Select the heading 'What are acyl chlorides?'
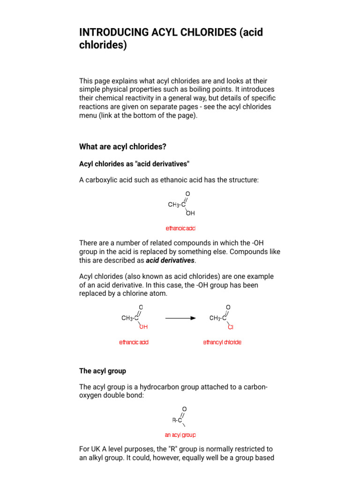click(123, 147)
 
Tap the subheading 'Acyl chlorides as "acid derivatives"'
click(134, 164)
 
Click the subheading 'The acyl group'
click(103, 371)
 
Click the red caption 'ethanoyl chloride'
click(222, 342)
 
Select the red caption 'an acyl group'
click(180, 435)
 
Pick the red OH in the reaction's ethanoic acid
click(143, 327)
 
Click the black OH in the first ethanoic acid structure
click(190, 213)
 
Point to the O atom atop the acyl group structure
click(184, 409)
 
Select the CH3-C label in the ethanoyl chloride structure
click(218, 318)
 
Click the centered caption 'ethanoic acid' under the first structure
click(180, 228)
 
